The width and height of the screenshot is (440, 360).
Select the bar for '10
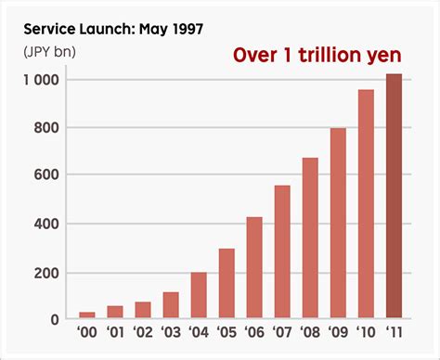tap(367, 204)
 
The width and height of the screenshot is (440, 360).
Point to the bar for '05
tap(226, 284)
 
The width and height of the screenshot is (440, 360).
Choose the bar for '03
tap(171, 305)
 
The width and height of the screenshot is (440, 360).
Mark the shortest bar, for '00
tap(87, 315)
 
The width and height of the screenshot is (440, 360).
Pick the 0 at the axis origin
tap(55, 319)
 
